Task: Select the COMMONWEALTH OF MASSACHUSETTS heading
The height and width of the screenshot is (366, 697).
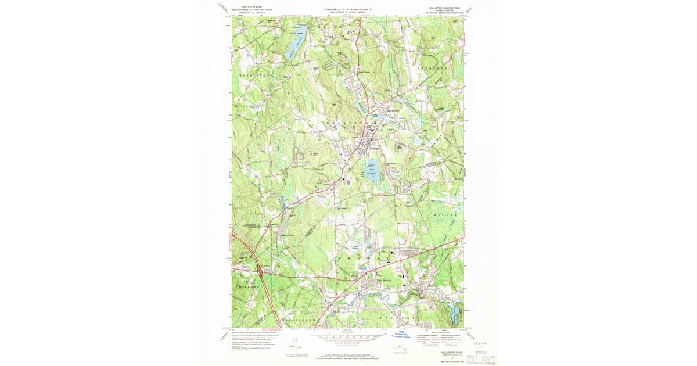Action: coord(348,10)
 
